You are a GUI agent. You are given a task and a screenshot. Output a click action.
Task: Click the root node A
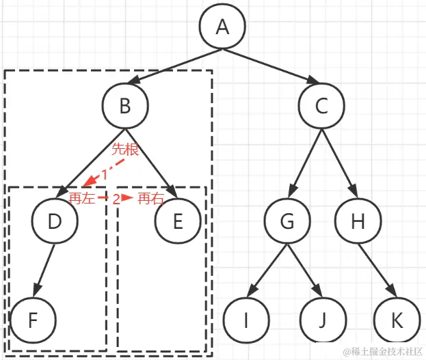coord(222,27)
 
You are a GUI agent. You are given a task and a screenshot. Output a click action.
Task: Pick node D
coord(55,221)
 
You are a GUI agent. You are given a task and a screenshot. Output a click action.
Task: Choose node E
coord(178,221)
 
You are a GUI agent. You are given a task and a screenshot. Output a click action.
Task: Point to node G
coord(289,221)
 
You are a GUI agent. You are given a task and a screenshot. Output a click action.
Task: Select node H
coord(358,221)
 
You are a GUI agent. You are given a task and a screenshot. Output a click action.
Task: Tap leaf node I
coord(245,320)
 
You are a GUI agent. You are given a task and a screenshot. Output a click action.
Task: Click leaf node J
coord(322,320)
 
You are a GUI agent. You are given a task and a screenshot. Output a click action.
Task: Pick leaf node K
coord(398,320)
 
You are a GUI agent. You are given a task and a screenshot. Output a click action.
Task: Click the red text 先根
coord(125,150)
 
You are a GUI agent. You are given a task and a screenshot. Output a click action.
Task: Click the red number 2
coord(116,199)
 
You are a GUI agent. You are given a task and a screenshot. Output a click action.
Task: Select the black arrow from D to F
coord(44,271)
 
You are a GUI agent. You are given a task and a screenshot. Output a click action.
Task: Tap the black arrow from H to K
coord(378,271)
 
